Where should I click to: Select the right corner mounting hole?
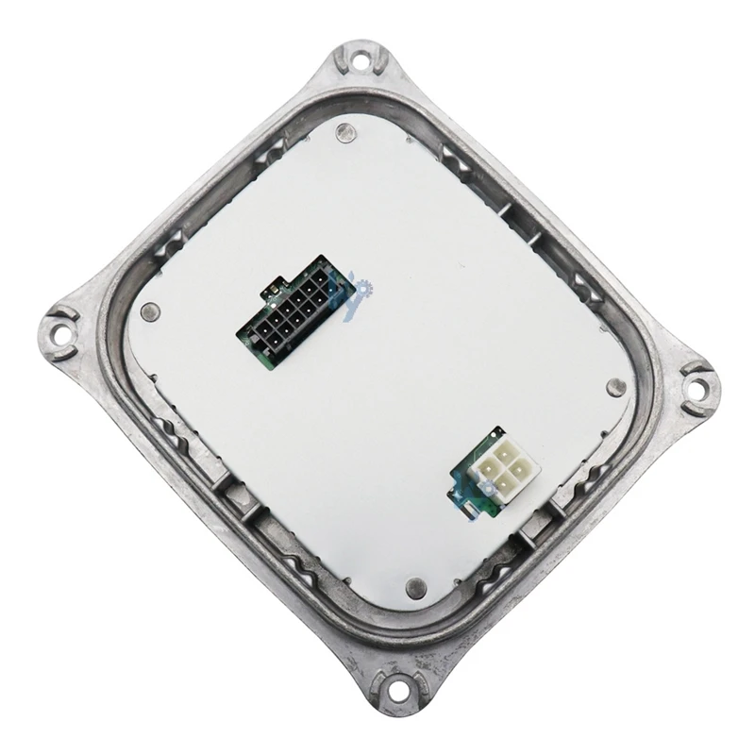[697, 384]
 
